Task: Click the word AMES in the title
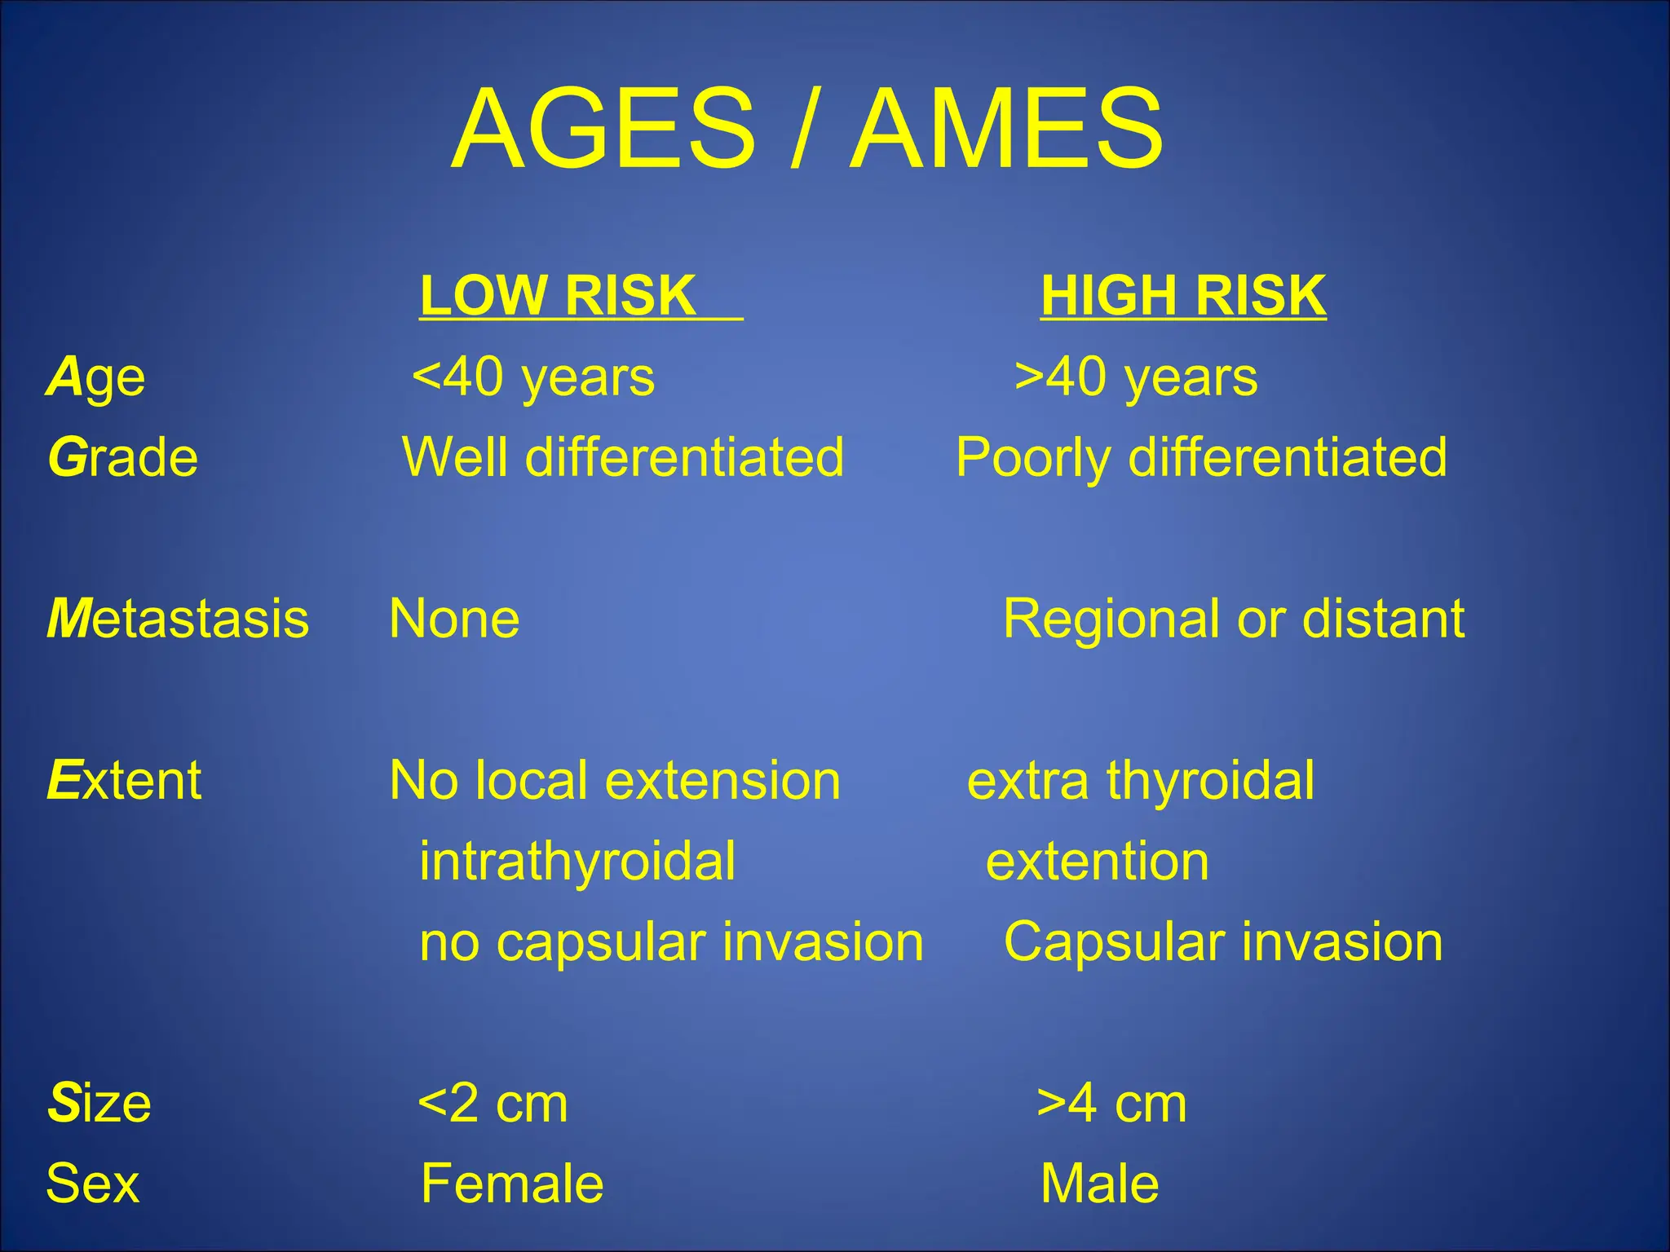1006,130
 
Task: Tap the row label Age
96,378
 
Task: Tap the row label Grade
123,457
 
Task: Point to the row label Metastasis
178,619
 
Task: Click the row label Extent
124,780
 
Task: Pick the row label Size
99,1104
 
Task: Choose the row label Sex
92,1184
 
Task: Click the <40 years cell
533,378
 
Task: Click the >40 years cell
1136,378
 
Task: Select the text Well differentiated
623,457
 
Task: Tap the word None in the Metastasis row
454,619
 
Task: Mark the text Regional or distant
1233,619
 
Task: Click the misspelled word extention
1097,862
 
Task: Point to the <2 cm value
493,1104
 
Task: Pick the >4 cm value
1111,1104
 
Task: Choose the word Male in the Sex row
1099,1184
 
